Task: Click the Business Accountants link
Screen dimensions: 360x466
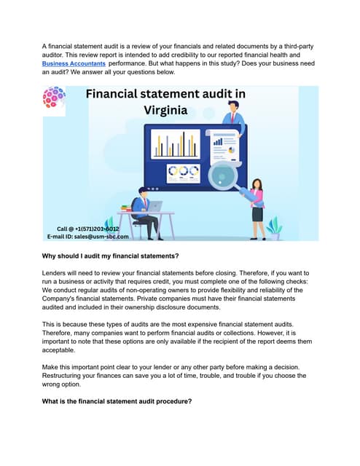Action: (x=74, y=64)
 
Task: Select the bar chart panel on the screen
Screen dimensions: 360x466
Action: (x=175, y=144)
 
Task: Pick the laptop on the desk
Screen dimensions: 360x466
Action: (x=155, y=206)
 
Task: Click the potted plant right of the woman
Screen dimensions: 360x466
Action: (x=275, y=227)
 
